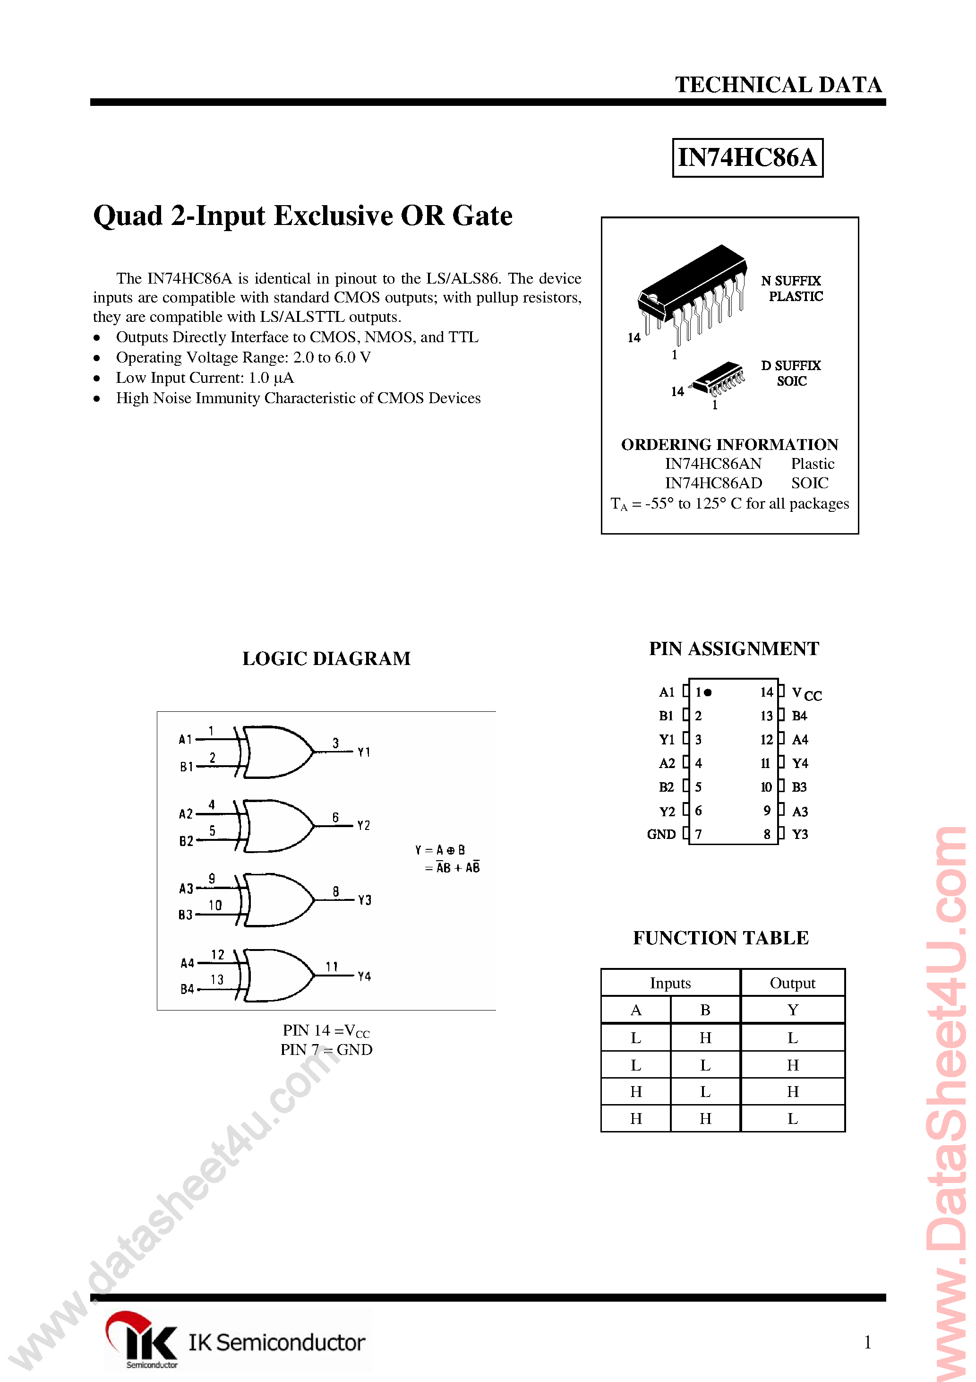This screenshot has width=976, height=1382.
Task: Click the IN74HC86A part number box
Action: pyautogui.click(x=747, y=158)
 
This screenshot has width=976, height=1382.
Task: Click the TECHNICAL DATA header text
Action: pyautogui.click(x=778, y=85)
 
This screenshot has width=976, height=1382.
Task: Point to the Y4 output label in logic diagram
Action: pyautogui.click(x=364, y=976)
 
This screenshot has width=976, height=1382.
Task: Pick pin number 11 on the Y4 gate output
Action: pyautogui.click(x=332, y=967)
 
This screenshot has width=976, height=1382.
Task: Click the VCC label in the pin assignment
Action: pyautogui.click(x=806, y=693)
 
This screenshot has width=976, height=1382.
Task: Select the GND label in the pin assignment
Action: pyautogui.click(x=661, y=834)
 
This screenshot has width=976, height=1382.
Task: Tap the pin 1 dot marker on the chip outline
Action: pyautogui.click(x=708, y=692)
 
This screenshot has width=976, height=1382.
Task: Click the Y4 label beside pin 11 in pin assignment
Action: pyautogui.click(x=800, y=763)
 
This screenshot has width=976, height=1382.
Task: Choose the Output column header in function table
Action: pyautogui.click(x=793, y=983)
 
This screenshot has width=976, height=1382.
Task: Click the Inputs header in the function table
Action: pyautogui.click(x=670, y=983)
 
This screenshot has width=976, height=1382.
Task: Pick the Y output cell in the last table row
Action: pyautogui.click(x=793, y=1118)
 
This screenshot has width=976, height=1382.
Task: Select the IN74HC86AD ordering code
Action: pyautogui.click(x=713, y=483)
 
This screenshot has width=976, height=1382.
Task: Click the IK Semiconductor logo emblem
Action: pyautogui.click(x=141, y=1338)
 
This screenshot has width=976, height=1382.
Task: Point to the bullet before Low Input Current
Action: pyautogui.click(x=97, y=378)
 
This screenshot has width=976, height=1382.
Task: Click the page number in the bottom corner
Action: pyautogui.click(x=867, y=1342)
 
